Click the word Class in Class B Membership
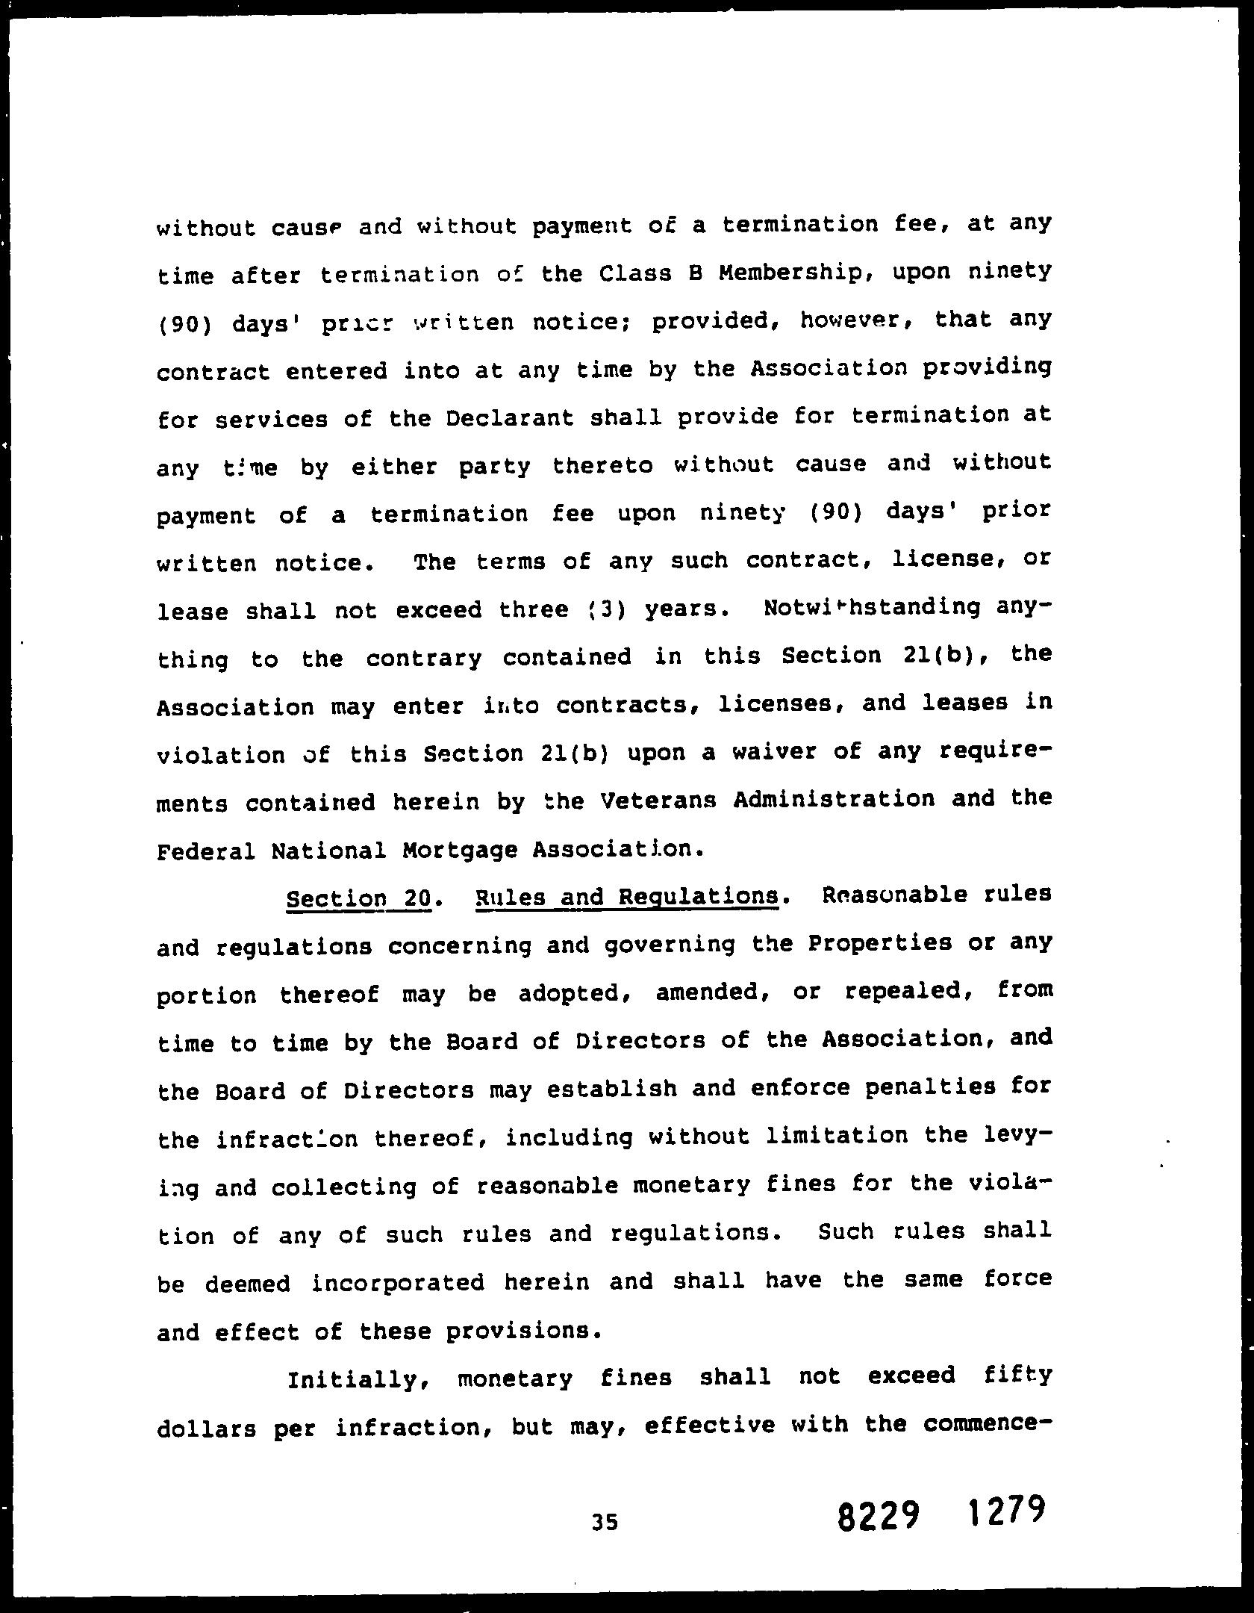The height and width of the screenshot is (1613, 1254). coord(626,274)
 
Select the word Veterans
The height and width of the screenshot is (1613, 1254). coord(658,801)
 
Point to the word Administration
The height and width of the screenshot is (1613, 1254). coord(833,799)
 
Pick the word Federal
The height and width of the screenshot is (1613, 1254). coord(206,851)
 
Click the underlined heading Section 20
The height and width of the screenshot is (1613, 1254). coord(358,898)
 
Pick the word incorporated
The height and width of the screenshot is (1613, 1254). coord(398,1283)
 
